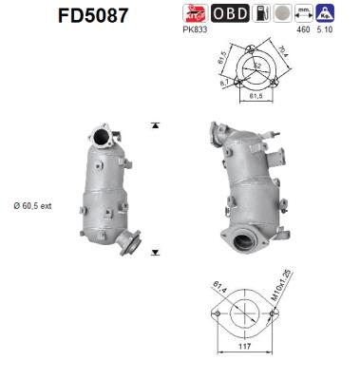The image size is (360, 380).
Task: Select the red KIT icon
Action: point(195,13)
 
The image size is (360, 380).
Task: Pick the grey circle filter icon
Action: point(282,13)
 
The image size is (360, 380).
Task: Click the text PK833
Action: point(197,29)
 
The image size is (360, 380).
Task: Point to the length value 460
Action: point(305,30)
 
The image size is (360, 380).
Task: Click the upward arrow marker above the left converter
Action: point(154,124)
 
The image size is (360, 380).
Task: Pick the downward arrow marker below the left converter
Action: point(154,252)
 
